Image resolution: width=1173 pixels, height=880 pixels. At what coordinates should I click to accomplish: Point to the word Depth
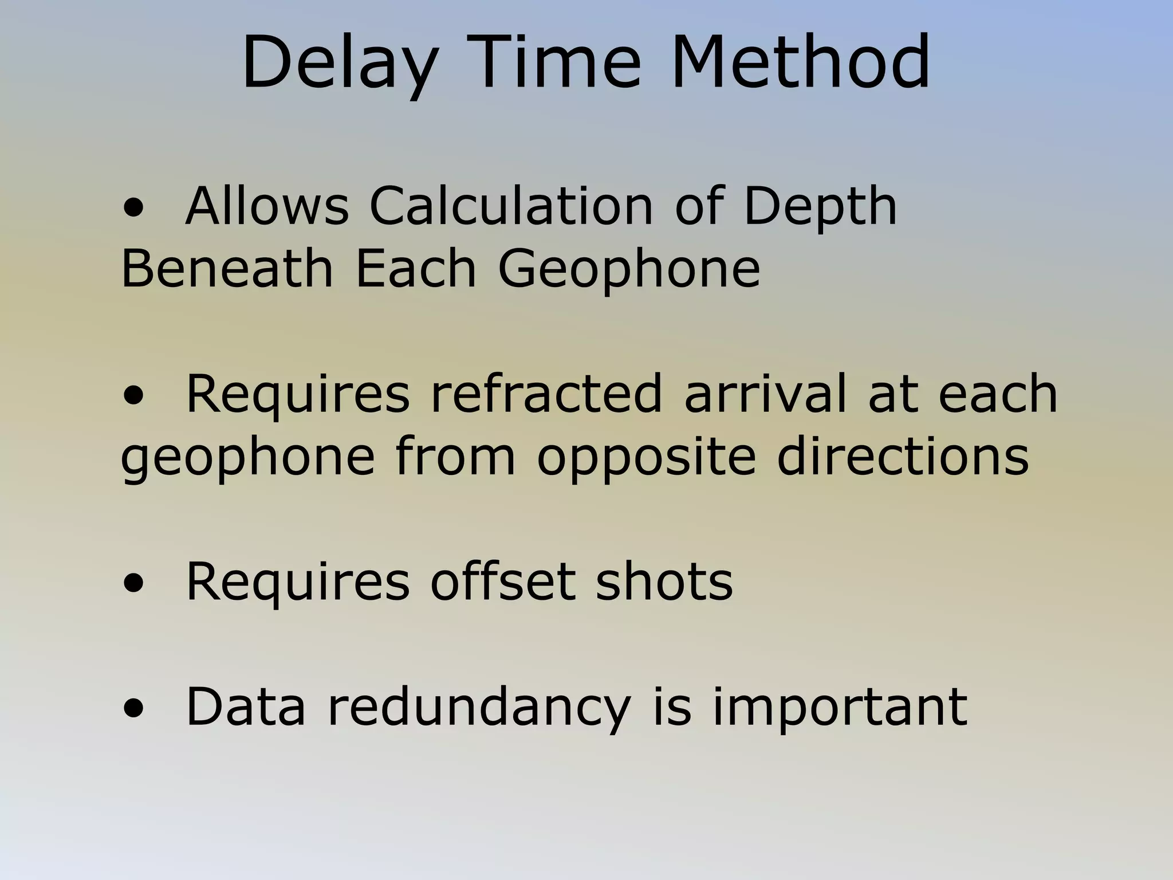click(820, 207)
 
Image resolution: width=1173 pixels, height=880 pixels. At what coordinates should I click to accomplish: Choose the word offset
click(502, 582)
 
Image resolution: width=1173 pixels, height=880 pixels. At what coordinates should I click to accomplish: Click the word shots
click(664, 582)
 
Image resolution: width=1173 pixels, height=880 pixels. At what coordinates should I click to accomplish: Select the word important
click(840, 707)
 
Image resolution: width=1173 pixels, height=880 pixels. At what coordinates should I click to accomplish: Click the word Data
click(246, 707)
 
